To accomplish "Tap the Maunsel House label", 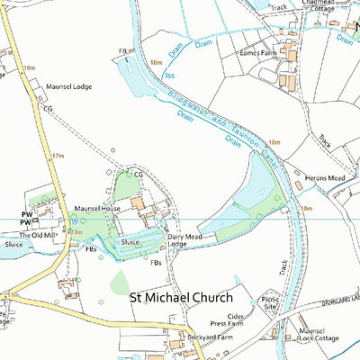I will tap(97, 208).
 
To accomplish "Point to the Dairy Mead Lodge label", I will tap(185, 240).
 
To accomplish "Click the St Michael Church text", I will tap(181, 297).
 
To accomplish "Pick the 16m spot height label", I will tap(30, 67).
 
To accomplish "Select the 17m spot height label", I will tap(58, 156).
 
